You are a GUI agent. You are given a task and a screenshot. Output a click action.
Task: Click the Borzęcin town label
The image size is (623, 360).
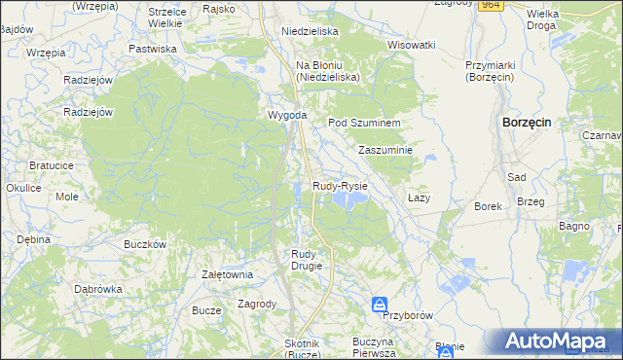coord(527,123)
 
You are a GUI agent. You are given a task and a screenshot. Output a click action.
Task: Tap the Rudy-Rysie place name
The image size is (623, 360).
coord(340,185)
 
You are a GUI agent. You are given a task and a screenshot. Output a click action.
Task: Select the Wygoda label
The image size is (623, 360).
coord(288,115)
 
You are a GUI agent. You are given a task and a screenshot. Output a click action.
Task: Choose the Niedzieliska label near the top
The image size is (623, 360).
coord(310,31)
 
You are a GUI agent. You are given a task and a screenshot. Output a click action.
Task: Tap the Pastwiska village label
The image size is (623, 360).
coord(152,48)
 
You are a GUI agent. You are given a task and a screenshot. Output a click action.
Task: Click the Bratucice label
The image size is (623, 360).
coord(52,166)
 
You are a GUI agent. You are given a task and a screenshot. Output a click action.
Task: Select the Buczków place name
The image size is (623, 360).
coord(145,244)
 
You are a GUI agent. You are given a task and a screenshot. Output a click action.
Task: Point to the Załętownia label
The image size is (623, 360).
coord(227,274)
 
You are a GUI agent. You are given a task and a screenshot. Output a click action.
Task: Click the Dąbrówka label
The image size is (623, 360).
coord(98,289)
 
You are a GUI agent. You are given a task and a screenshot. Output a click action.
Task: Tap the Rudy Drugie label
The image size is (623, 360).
coord(304,259)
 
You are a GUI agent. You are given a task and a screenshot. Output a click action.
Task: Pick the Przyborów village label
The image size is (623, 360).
coord(408,316)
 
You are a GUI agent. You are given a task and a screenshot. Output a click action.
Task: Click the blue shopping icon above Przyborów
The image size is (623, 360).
coord(379,306)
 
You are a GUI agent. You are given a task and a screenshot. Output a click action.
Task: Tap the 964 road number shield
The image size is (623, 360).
coord(491,4)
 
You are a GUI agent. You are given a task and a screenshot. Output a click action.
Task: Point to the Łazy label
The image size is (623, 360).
coord(419,198)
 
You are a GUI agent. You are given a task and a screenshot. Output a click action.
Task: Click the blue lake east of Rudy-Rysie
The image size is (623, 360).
coord(349,198)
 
